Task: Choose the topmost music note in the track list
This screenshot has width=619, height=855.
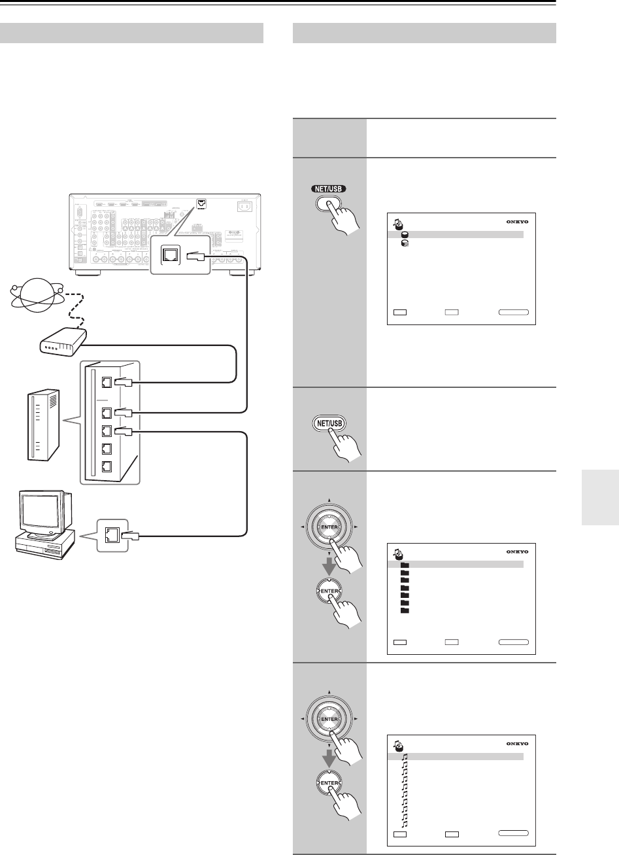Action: tap(405, 756)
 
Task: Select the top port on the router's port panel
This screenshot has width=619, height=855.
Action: tap(106, 385)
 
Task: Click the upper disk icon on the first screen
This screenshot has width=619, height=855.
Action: tap(405, 234)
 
